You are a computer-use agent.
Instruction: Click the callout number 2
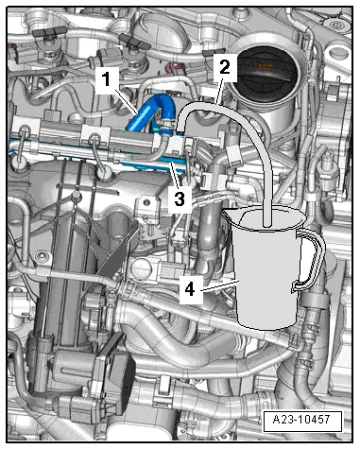tap(223, 67)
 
